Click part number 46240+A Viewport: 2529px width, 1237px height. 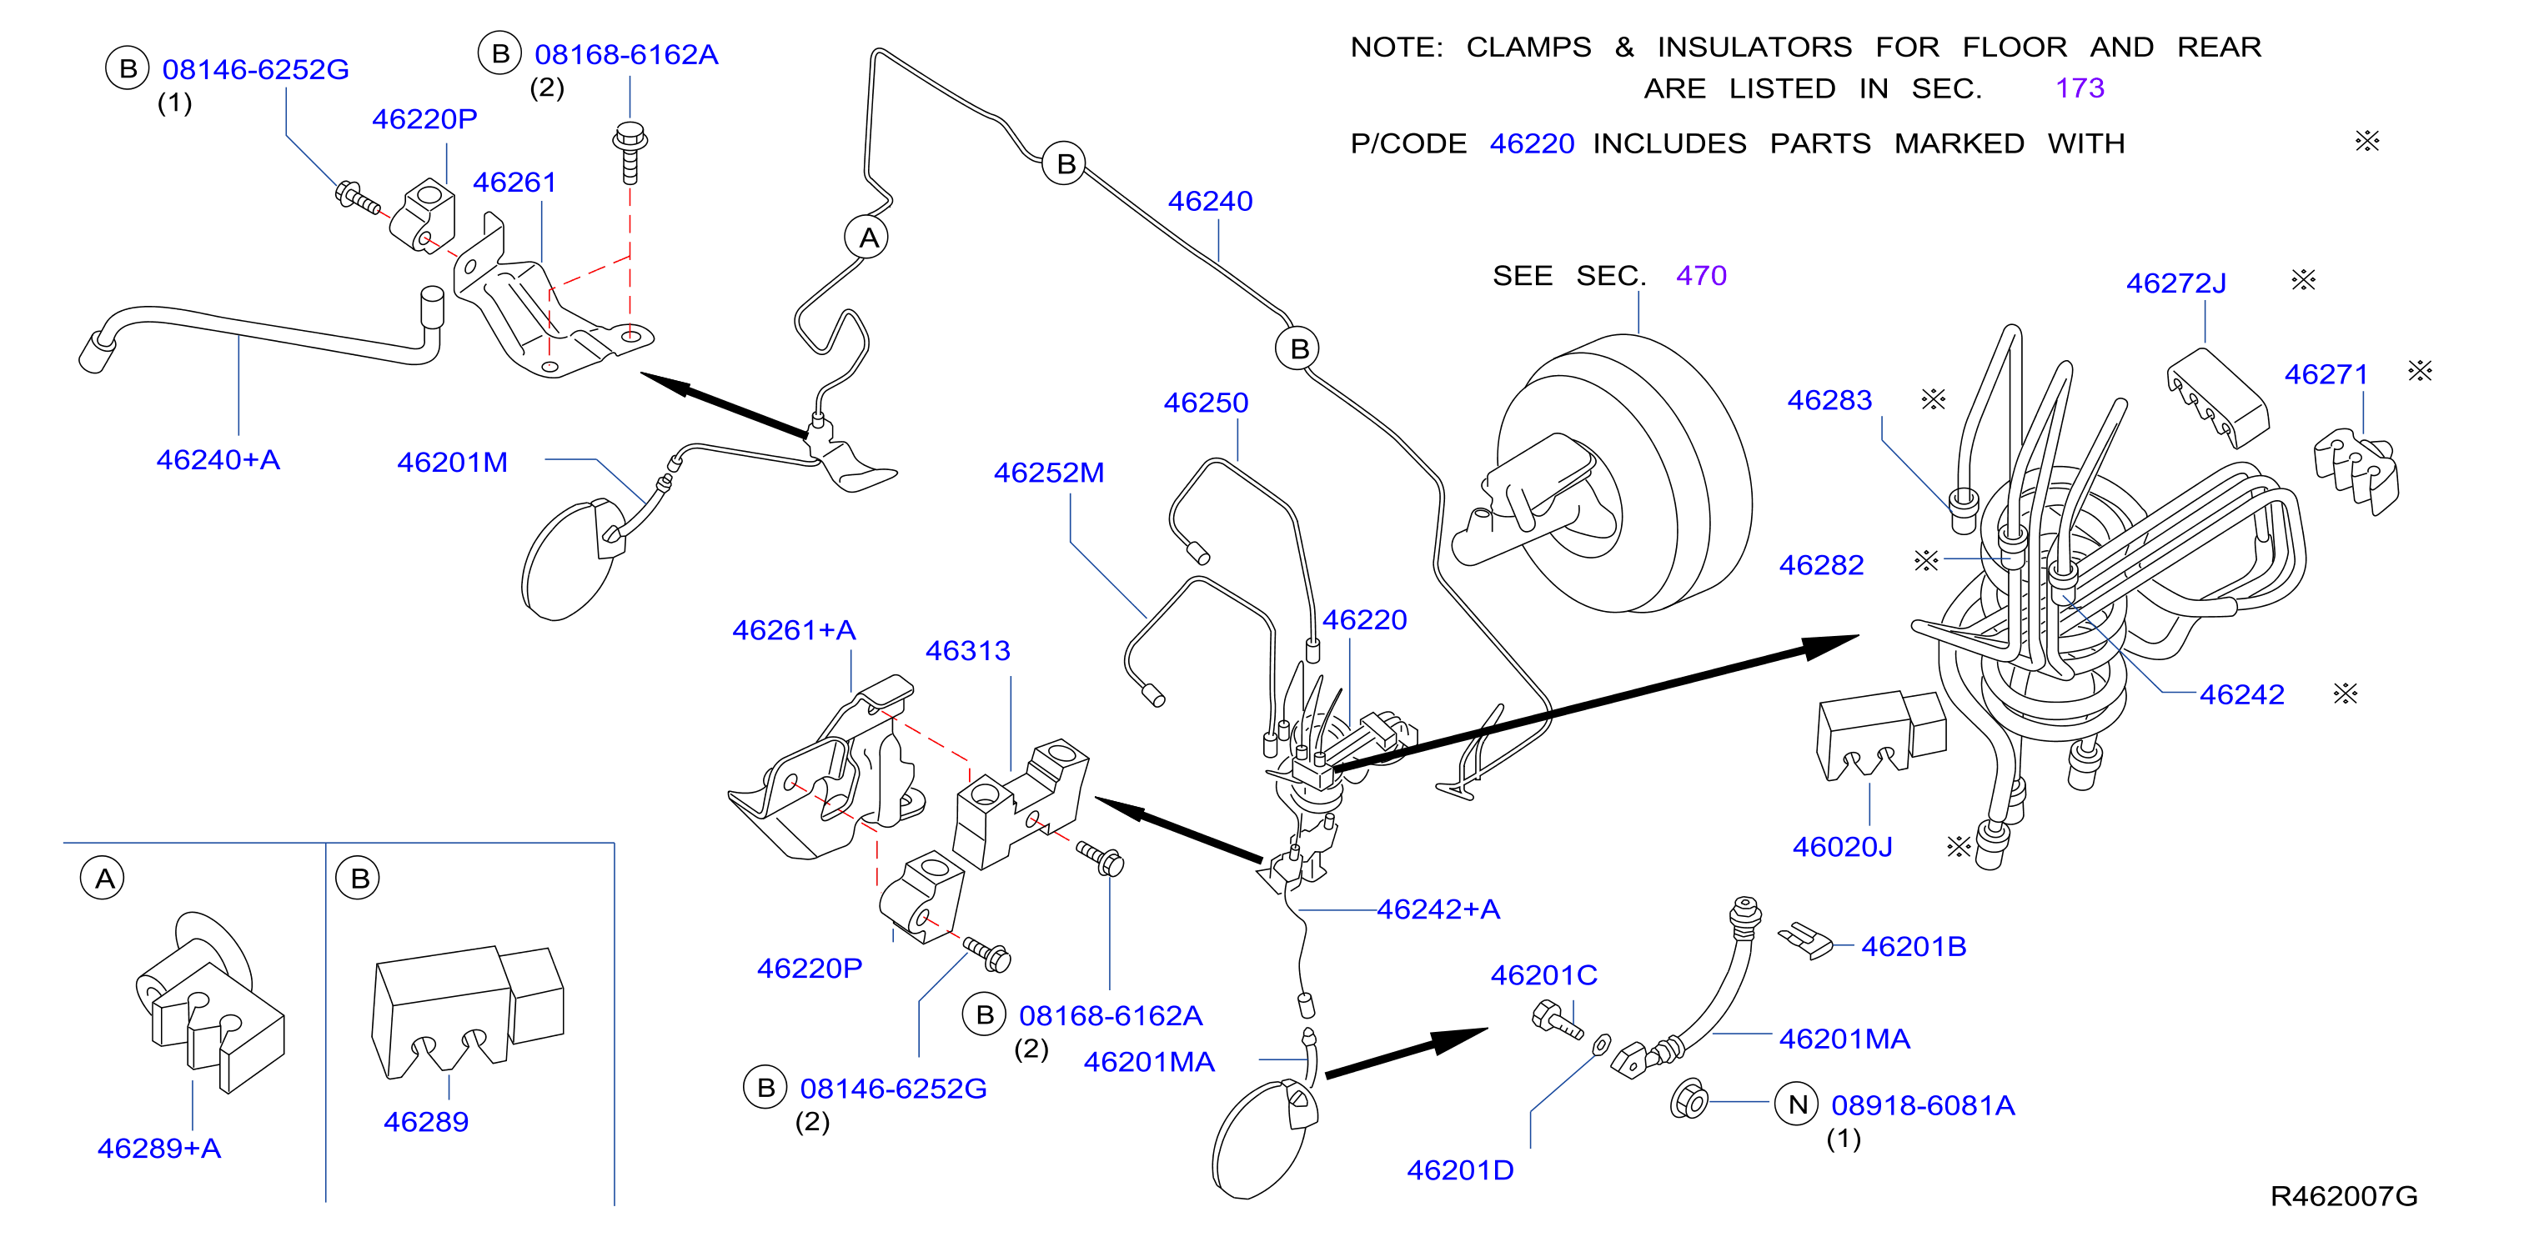(x=218, y=459)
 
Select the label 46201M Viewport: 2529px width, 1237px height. (x=453, y=463)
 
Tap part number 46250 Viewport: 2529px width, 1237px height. (x=1206, y=403)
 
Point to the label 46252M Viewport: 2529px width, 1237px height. (x=1048, y=473)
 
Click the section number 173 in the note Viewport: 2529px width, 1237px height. (x=2080, y=88)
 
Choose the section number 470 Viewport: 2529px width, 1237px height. (x=1701, y=276)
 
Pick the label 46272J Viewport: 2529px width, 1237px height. (x=2175, y=283)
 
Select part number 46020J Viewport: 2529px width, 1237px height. (x=1842, y=847)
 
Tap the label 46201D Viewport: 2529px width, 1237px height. (x=1460, y=1170)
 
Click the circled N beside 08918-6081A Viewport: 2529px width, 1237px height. (x=1797, y=1105)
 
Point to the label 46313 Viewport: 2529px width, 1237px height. (x=968, y=651)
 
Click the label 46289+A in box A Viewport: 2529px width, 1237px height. (x=159, y=1149)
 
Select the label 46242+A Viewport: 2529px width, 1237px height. (x=1438, y=910)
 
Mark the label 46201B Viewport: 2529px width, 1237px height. (x=1914, y=948)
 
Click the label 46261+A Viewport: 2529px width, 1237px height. (x=795, y=630)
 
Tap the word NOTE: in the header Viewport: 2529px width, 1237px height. (x=1396, y=48)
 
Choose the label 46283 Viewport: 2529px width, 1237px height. (x=1829, y=401)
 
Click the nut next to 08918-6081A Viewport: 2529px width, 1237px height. (x=1689, y=1100)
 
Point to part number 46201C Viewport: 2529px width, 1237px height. (x=1543, y=976)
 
